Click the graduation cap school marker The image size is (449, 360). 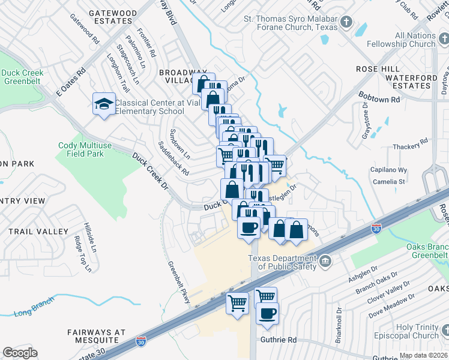[104, 104]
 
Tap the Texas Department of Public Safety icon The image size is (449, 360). [325, 260]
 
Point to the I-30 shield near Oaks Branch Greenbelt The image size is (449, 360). [376, 229]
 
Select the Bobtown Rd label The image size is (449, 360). [379, 97]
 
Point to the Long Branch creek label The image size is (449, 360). [31, 312]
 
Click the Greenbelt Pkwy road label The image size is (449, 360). [179, 282]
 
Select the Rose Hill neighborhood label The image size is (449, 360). [375, 69]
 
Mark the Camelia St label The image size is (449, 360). [389, 181]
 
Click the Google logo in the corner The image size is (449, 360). [20, 353]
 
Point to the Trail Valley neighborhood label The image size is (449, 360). [38, 232]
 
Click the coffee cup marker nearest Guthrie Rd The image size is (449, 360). [268, 313]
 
